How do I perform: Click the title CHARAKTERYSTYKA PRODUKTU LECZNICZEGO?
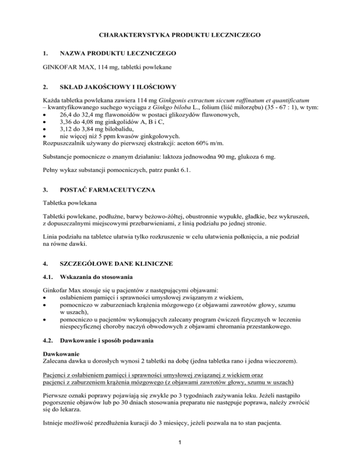click(x=180, y=35)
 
